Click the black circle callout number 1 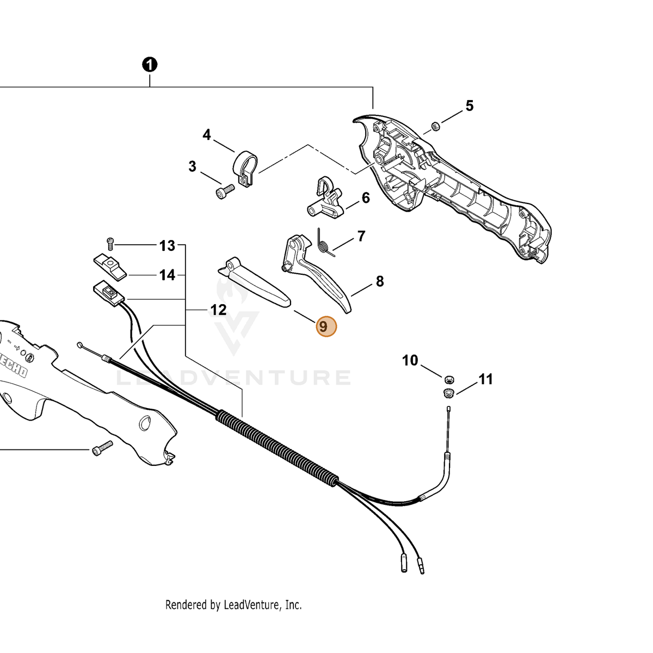point(150,64)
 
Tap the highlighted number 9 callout point(326,326)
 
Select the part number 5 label point(469,106)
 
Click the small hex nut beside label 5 point(435,127)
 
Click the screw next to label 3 point(225,192)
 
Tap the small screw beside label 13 point(110,244)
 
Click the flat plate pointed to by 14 point(110,267)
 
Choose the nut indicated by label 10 point(449,379)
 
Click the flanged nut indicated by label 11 point(448,393)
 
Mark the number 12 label point(218,310)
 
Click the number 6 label point(366,198)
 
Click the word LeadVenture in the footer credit point(251,605)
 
